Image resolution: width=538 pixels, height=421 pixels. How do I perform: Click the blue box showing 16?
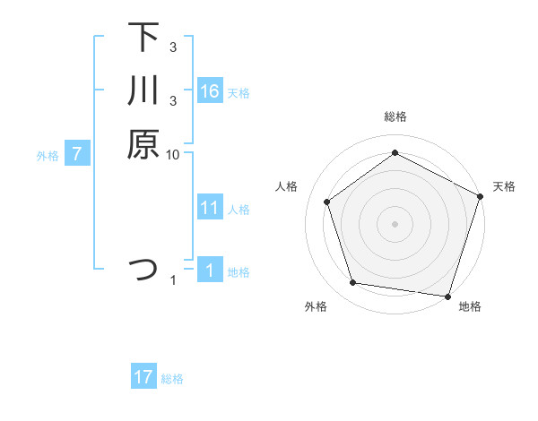tap(210, 91)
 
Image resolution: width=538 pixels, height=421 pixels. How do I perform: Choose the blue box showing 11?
tap(210, 208)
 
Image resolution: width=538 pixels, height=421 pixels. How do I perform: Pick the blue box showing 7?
tap(77, 154)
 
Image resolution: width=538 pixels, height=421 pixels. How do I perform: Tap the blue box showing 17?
tap(143, 377)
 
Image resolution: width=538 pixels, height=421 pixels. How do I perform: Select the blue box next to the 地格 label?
tap(210, 271)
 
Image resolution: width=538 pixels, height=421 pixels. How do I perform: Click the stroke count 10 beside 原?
tap(173, 154)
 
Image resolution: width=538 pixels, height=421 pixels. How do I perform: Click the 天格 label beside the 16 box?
tap(239, 93)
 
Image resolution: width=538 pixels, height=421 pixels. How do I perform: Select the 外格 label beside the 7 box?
tap(48, 156)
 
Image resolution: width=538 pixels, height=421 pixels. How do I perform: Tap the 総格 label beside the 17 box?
tap(172, 379)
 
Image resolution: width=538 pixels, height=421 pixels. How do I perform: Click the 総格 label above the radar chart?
tap(395, 116)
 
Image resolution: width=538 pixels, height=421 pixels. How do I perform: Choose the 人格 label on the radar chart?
tap(287, 186)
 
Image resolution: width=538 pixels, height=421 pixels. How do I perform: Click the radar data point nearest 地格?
tap(447, 296)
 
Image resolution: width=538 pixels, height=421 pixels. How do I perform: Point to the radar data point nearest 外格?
tap(354, 283)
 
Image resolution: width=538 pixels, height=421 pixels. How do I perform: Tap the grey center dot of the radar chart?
tap(395, 223)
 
